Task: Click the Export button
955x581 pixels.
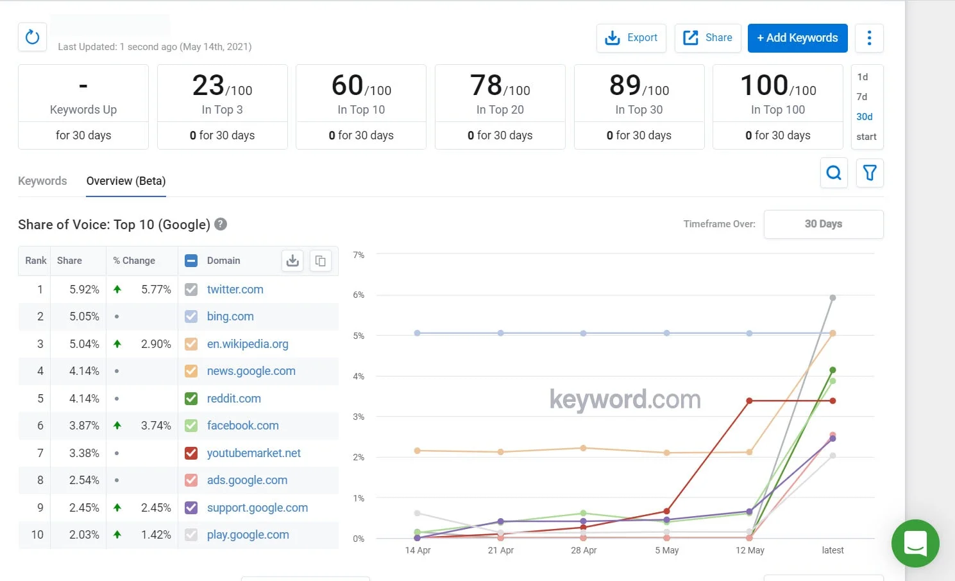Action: [631, 38]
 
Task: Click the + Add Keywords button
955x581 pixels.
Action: [797, 38]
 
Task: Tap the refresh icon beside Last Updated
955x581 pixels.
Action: [32, 37]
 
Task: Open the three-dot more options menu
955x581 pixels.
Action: [869, 38]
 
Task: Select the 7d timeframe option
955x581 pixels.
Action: [862, 97]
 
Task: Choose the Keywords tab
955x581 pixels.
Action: [42, 181]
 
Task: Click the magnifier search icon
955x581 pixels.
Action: [834, 173]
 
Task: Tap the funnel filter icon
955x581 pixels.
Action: [870, 173]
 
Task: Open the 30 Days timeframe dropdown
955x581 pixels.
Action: [823, 224]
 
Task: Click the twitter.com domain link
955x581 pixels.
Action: [235, 290]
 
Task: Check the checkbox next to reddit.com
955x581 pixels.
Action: [191, 399]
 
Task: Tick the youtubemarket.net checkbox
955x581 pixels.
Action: [191, 453]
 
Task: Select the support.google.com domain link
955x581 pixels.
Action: [257, 508]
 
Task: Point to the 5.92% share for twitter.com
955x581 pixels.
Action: [84, 290]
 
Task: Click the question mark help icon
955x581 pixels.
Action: [221, 224]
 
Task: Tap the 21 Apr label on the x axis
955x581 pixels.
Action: [500, 550]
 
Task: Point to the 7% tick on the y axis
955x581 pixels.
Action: [359, 255]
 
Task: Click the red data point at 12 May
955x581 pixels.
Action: [749, 401]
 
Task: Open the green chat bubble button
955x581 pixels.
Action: [915, 543]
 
